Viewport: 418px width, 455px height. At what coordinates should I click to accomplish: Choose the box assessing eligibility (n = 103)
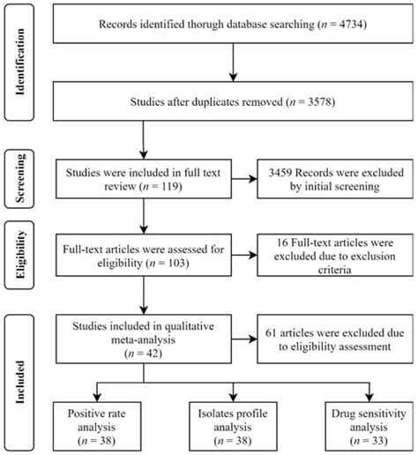click(x=144, y=259)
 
